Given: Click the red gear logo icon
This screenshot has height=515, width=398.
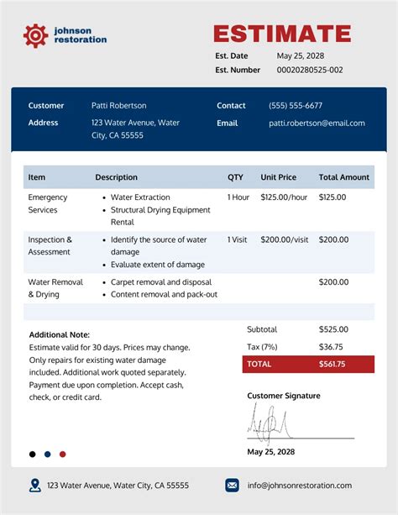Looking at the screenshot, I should pos(35,34).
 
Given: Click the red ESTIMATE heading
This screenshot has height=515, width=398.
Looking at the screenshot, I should pos(282,34).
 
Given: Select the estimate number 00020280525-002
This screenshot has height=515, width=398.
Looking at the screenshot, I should pos(310,70).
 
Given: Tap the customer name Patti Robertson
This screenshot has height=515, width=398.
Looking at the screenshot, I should pos(118,106).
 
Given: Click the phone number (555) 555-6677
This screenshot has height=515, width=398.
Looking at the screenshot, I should pos(295,106).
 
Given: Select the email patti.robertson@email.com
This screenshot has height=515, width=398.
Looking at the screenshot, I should pos(317,123).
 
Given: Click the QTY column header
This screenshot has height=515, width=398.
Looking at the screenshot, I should pos(235,177).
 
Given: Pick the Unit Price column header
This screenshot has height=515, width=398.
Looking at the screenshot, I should pos(278,177).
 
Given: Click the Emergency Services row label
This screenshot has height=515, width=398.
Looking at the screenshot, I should pos(48,203).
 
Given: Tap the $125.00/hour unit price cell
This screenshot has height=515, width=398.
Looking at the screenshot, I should pos(284,197).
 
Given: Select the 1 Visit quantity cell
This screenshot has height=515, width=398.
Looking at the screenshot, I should pos(238,239).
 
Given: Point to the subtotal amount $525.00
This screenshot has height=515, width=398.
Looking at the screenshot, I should pos(333,329).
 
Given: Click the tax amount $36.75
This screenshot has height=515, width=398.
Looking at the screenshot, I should pos(331,346).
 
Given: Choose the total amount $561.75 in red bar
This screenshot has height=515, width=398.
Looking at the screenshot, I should pos(333,364).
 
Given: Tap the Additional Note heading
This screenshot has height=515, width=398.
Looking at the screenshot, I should pos(59,334).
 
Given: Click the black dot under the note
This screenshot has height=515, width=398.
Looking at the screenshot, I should pos(33,454).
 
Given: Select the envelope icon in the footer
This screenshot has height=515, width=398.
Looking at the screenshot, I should pos(232,485).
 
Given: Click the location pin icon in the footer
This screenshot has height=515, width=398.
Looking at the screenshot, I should pos(34,485).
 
